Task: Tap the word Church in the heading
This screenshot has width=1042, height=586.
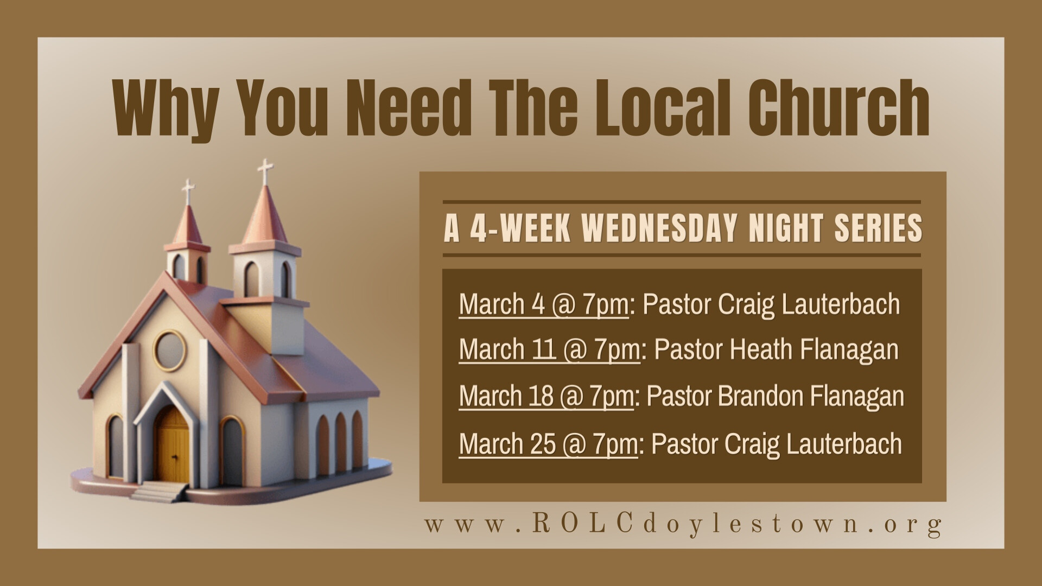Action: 838,107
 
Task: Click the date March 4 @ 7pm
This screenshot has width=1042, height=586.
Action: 543,304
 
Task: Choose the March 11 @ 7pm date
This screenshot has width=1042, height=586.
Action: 549,350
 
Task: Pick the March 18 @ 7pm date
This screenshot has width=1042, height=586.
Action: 546,397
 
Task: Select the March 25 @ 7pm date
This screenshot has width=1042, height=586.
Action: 548,444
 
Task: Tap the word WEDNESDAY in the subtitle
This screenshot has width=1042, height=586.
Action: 659,228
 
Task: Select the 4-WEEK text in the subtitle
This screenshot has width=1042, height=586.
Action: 520,228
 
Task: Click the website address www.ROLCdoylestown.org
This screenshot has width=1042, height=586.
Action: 683,525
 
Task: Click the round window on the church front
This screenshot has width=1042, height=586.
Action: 170,351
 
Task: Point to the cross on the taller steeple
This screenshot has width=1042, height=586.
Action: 265,171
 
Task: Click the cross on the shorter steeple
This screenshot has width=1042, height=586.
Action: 188,191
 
